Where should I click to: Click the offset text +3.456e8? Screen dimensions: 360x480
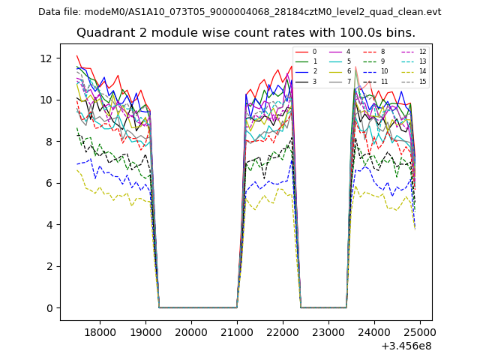(x=406, y=346)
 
